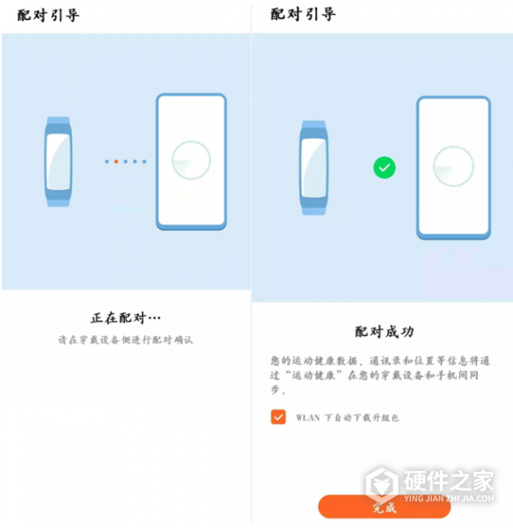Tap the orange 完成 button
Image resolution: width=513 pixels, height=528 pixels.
tap(385, 507)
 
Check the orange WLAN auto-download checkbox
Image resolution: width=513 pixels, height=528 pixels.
tap(278, 417)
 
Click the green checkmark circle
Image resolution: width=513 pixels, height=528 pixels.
tap(384, 166)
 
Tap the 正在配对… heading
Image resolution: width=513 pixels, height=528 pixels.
tap(126, 317)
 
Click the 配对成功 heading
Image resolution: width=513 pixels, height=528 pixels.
tap(385, 332)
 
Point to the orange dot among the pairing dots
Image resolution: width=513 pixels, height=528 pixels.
tap(116, 161)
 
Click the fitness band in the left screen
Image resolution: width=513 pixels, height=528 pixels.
tap(58, 161)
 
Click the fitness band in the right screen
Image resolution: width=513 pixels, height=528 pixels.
tap(313, 168)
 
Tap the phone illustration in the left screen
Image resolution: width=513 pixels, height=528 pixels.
tap(191, 162)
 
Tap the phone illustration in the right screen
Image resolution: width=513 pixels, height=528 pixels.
tap(452, 167)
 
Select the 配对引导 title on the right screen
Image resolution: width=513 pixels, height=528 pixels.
tap(303, 15)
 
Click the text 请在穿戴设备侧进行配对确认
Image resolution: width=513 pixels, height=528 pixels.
tap(125, 340)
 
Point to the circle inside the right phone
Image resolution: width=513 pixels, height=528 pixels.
tap(453, 166)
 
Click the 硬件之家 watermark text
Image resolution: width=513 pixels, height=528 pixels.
tap(448, 480)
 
